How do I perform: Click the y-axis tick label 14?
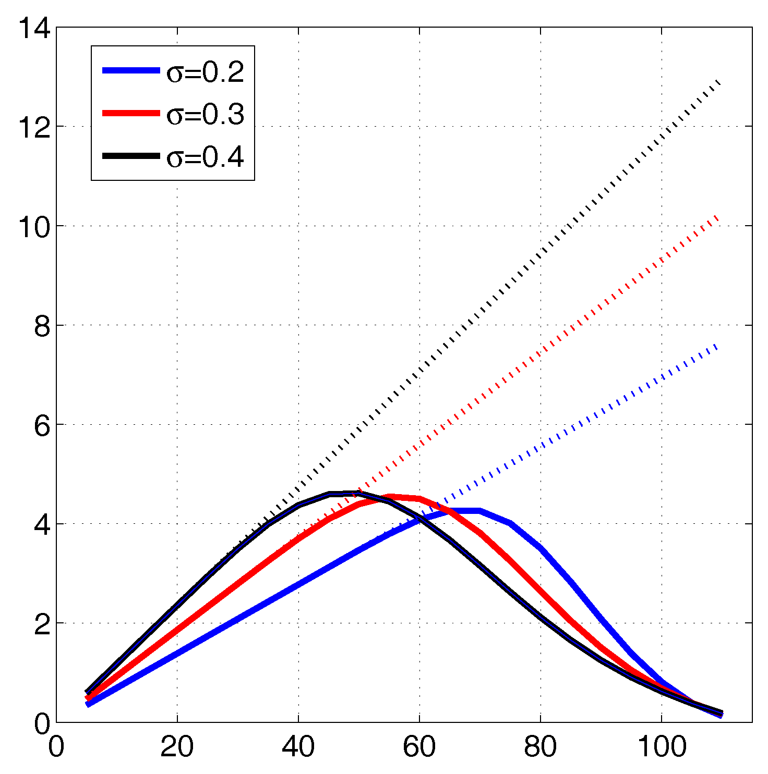click(x=34, y=28)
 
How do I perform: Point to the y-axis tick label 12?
click(x=34, y=127)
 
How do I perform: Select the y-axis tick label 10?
click(x=34, y=226)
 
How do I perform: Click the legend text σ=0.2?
click(x=205, y=72)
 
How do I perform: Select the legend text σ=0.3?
click(x=205, y=115)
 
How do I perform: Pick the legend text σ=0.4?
click(x=205, y=157)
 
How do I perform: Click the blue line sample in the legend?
click(x=130, y=71)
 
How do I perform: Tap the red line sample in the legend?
click(x=130, y=113)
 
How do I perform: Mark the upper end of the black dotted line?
click(x=720, y=81)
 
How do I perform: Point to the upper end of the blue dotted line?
click(x=719, y=345)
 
